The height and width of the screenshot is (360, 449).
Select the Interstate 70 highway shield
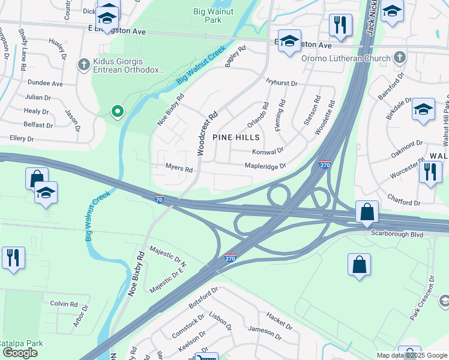158,199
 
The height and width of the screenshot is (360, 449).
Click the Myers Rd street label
179,170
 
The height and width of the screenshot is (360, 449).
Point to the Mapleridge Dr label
265,166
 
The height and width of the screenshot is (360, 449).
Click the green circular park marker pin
118,110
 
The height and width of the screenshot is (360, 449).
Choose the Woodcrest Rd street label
205,127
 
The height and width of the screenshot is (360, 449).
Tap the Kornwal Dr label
268,152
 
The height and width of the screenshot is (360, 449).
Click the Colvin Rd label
64,304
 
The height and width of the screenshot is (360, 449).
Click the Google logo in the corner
20,353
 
